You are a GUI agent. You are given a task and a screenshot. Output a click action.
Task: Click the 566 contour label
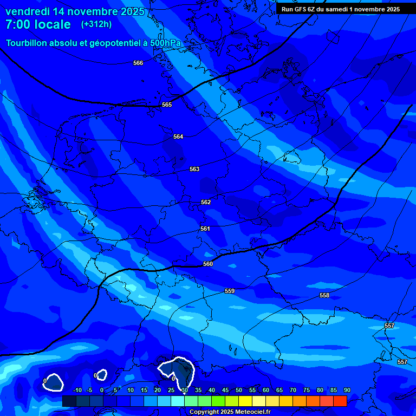coord(138,63)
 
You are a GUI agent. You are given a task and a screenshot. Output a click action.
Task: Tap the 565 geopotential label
coord(167,105)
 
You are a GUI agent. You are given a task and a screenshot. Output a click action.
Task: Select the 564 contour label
coord(178,136)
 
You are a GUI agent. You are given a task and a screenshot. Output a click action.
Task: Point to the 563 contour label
coord(194,169)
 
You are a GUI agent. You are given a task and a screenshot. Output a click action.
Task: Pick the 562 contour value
coord(206,202)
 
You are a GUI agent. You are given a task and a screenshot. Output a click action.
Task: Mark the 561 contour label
coord(205,229)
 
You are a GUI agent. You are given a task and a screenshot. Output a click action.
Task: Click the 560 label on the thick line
coord(208,264)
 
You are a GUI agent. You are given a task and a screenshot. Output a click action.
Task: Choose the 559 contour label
coord(230,291)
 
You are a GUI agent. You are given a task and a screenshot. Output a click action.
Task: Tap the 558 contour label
coord(324,295)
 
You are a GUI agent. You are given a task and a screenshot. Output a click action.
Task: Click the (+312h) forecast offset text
coord(96,24)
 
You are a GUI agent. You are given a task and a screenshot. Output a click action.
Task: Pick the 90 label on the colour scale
coord(347,390)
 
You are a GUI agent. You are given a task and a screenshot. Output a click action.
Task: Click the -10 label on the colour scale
coord(77,390)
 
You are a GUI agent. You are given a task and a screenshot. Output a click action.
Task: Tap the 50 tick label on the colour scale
coord(239,390)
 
